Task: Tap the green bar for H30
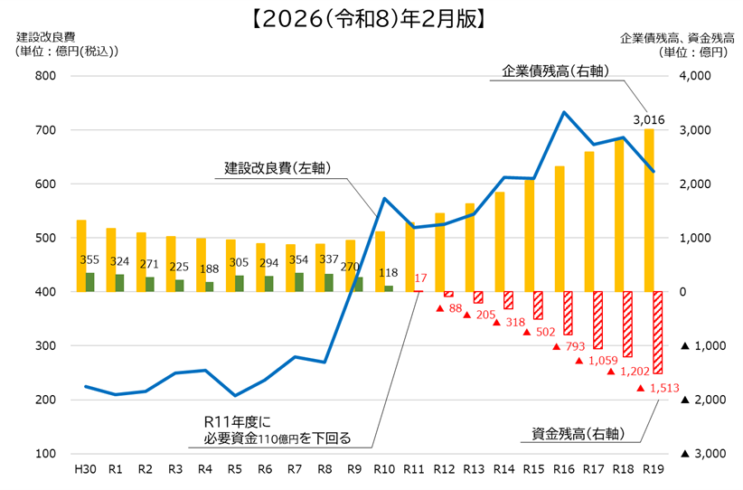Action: [90, 282]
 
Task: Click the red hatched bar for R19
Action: [657, 333]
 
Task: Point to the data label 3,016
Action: [649, 119]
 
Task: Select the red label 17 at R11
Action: [419, 278]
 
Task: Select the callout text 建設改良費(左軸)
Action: [277, 168]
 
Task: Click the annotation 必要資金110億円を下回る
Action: [269, 439]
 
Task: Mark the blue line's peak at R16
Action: [564, 112]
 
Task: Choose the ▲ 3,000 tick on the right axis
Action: [698, 454]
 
